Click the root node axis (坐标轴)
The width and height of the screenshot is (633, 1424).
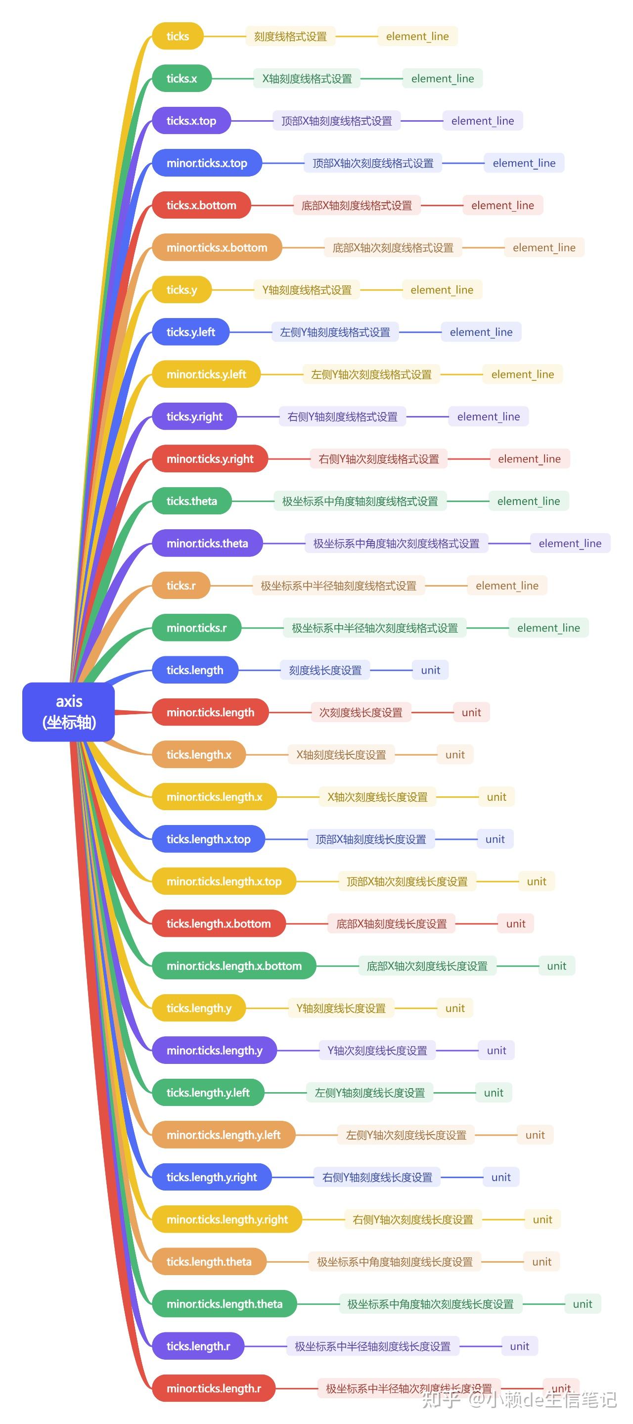coord(69,711)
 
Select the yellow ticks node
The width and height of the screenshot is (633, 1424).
coord(178,37)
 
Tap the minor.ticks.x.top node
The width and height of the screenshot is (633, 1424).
coord(207,163)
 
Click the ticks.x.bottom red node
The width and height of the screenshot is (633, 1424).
coord(201,205)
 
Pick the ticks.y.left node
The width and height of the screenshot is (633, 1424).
coord(191,332)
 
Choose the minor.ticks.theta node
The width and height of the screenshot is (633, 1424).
coord(207,544)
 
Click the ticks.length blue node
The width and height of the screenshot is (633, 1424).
coord(195,670)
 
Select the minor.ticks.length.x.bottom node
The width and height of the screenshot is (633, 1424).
coord(234,965)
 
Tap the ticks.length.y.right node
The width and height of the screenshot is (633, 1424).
coord(212,1177)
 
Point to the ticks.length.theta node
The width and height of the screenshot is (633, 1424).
coord(209,1261)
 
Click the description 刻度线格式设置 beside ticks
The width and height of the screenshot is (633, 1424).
coord(290,37)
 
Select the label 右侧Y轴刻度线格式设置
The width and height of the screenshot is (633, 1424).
coord(342,417)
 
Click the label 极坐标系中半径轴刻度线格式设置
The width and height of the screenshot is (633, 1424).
coord(338,586)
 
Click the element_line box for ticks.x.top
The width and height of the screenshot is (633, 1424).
coord(482,121)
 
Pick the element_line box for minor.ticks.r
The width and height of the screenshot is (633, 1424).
coord(548,628)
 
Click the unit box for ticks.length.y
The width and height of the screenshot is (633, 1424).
coord(455,1009)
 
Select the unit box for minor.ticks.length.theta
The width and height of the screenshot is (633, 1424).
coord(582,1304)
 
